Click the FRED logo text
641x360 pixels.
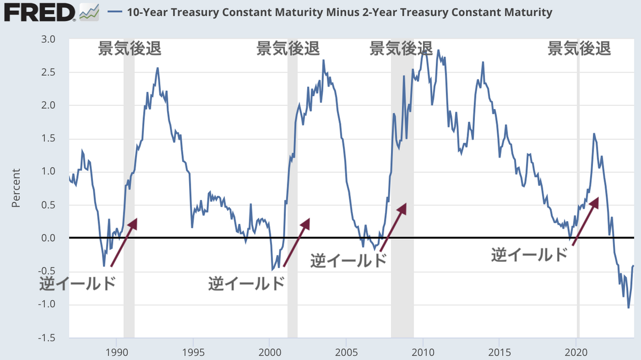[x=40, y=12]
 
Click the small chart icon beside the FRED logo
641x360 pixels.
[x=89, y=12]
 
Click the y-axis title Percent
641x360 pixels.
[x=16, y=189]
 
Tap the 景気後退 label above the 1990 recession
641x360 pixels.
[x=129, y=49]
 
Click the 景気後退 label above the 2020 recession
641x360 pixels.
[x=579, y=49]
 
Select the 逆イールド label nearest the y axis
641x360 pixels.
[x=77, y=283]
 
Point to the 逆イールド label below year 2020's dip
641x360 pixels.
[x=529, y=255]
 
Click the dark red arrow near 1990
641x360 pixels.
[x=124, y=242]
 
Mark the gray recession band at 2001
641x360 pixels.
[x=292, y=187]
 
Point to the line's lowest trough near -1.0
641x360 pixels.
[x=628, y=308]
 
